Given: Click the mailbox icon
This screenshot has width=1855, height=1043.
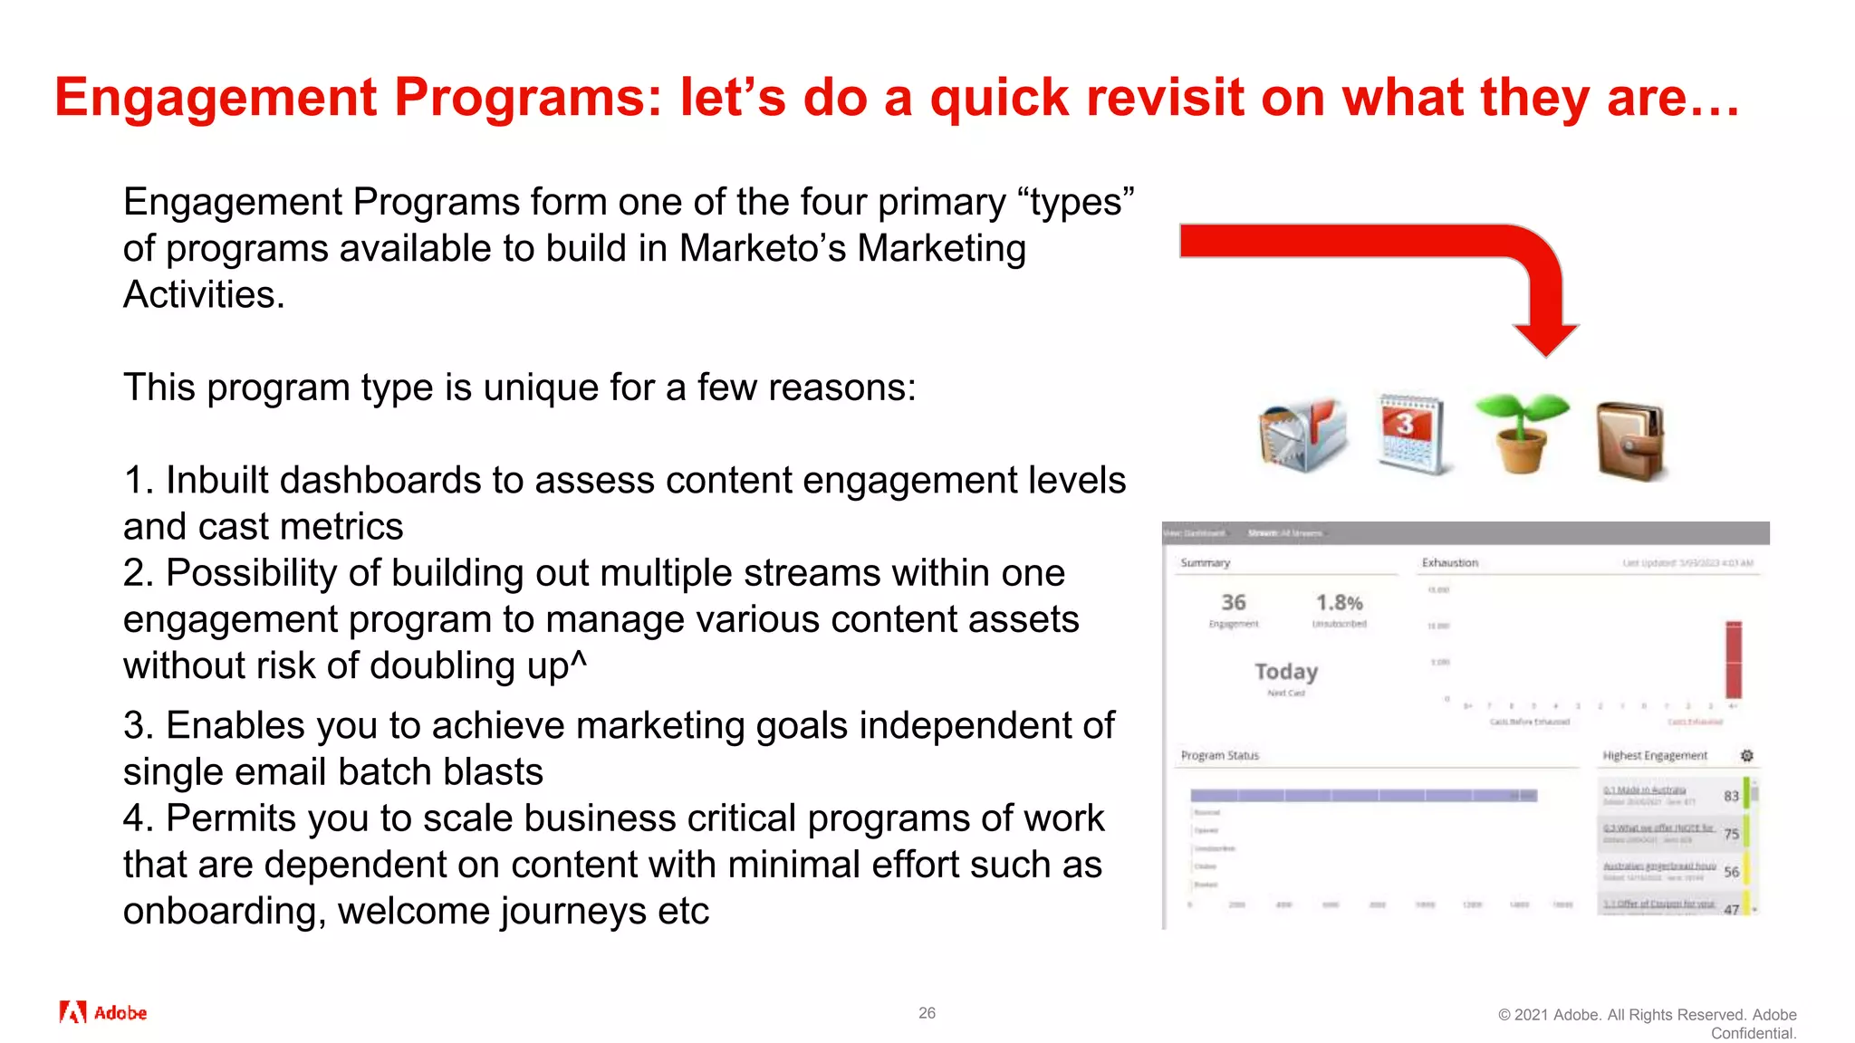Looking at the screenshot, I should click(x=1302, y=435).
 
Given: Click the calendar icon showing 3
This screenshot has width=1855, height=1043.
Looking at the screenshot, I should click(x=1410, y=435).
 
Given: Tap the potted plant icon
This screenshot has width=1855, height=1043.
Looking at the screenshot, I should click(x=1521, y=433).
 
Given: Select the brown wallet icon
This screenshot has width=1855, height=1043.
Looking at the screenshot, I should click(x=1629, y=440).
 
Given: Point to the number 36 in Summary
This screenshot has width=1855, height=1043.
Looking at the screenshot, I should click(x=1233, y=603).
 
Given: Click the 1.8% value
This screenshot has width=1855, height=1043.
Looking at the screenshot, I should click(x=1339, y=603).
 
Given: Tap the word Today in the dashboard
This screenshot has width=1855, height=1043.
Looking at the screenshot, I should click(x=1285, y=672).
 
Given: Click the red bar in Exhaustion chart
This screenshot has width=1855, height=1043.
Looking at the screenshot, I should click(x=1733, y=660).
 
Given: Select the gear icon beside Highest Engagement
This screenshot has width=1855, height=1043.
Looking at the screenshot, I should click(x=1747, y=756).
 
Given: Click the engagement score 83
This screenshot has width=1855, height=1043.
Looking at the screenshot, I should click(x=1731, y=796).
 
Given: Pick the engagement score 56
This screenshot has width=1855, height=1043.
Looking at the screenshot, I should click(x=1731, y=872).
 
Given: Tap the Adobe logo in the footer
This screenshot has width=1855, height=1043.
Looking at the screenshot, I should click(x=102, y=1012).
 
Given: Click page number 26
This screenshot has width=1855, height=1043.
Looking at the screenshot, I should click(x=927, y=1013).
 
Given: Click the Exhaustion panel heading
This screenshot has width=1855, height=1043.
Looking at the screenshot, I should click(x=1449, y=563).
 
